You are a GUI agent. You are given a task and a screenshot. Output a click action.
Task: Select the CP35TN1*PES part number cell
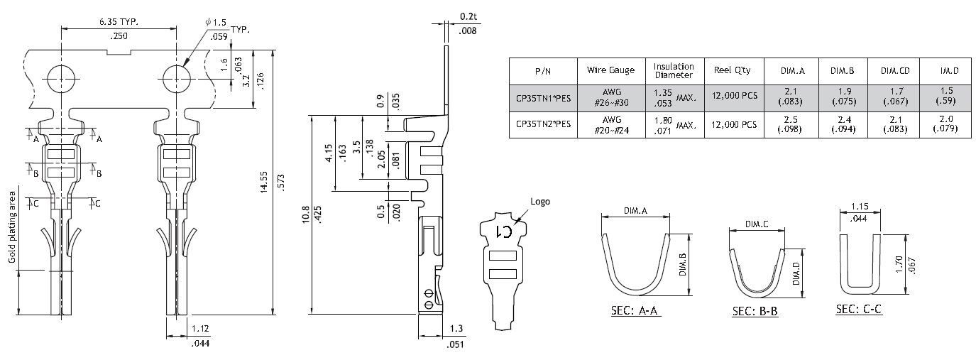click(x=543, y=97)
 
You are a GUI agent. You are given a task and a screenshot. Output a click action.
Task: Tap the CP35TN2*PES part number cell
click(x=543, y=124)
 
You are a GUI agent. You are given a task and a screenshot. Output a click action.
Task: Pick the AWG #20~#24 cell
click(x=611, y=124)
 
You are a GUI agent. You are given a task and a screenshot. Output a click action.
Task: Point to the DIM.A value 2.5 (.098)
click(x=791, y=124)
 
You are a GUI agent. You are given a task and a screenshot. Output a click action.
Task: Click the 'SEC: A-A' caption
click(x=636, y=311)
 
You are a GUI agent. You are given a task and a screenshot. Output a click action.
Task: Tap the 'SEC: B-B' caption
click(x=755, y=312)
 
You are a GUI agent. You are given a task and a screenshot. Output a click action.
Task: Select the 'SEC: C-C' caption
click(x=859, y=310)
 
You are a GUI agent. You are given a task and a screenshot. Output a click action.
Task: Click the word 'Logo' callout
click(x=539, y=202)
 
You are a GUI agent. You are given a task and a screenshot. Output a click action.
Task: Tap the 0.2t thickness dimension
click(x=468, y=16)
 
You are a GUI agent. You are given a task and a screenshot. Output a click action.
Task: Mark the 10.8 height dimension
click(x=305, y=214)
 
